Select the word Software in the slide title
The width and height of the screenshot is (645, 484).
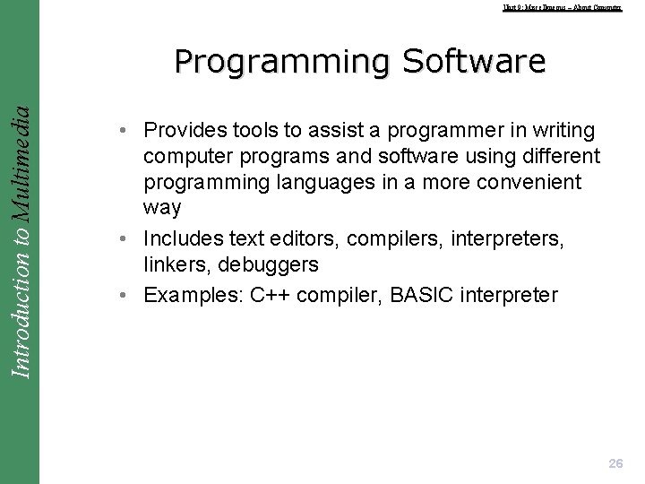[474, 61]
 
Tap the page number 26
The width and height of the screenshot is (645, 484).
[615, 463]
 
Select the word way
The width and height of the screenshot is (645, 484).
[162, 208]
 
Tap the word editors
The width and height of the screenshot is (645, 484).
[298, 239]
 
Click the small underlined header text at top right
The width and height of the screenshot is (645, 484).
[562, 7]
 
